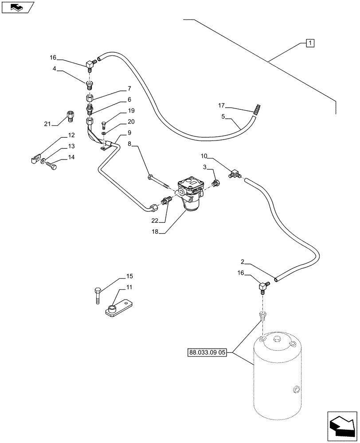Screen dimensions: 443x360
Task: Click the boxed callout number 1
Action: (x=310, y=43)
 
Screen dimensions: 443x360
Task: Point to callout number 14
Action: (x=71, y=157)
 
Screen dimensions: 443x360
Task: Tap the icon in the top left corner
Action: (x=17, y=7)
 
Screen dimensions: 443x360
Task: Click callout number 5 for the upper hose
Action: (x=223, y=117)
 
